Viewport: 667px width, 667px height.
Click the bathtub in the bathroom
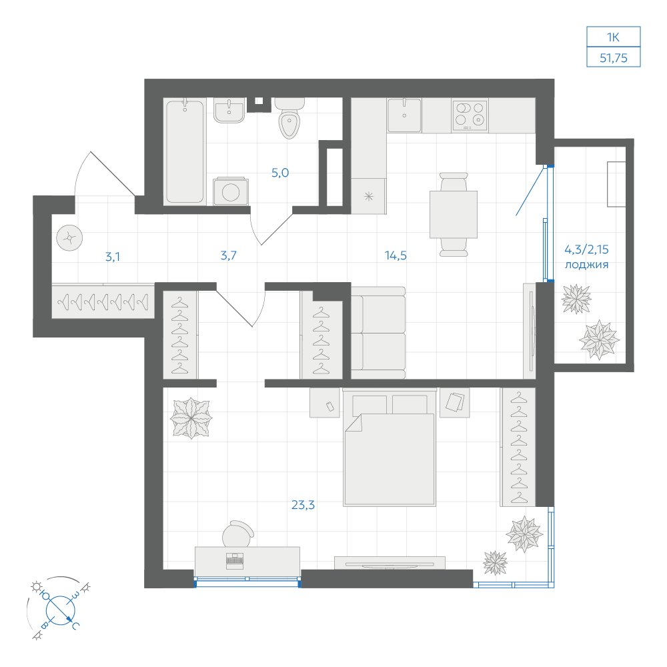click(x=185, y=151)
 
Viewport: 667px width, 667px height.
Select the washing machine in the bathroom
click(x=231, y=191)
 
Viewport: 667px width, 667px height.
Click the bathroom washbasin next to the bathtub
click(x=229, y=110)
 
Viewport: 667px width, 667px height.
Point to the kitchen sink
click(x=404, y=115)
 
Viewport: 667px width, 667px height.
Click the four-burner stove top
click(x=470, y=115)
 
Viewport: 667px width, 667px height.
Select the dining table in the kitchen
click(x=454, y=214)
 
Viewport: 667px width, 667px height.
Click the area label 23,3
click(x=303, y=505)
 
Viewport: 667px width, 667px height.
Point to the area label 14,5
click(x=396, y=255)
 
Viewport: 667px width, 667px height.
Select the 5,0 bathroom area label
click(x=280, y=173)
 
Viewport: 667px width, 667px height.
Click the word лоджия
click(x=586, y=265)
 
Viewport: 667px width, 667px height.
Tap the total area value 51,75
click(x=614, y=58)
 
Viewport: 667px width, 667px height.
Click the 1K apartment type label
click(x=613, y=37)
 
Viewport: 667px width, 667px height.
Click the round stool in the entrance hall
click(x=69, y=238)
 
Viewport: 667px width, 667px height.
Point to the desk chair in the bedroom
click(x=238, y=534)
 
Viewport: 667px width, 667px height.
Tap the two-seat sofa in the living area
click(x=378, y=333)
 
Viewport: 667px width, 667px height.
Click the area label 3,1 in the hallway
click(x=113, y=257)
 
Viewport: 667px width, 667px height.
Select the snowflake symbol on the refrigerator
click(x=369, y=197)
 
